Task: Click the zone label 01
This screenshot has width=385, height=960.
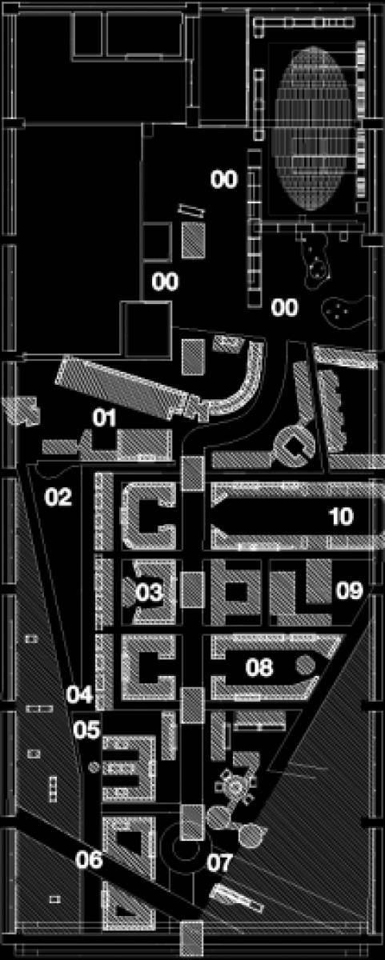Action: (x=105, y=418)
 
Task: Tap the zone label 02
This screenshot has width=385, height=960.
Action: (x=58, y=497)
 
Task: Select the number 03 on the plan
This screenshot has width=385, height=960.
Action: (x=150, y=592)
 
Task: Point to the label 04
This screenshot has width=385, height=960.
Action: (x=80, y=694)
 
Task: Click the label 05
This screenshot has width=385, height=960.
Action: (x=86, y=730)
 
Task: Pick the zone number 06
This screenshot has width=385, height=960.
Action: (x=89, y=859)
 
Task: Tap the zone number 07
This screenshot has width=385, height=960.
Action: (x=220, y=862)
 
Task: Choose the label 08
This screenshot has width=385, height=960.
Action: (x=259, y=667)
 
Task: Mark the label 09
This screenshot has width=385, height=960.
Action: (x=350, y=590)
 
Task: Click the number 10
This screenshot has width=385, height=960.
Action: (x=341, y=517)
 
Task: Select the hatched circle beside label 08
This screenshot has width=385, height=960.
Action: (x=306, y=665)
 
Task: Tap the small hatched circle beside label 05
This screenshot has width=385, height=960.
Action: (x=94, y=766)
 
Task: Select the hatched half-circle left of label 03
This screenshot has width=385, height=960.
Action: (x=130, y=591)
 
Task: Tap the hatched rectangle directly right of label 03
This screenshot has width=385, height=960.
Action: (x=192, y=590)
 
